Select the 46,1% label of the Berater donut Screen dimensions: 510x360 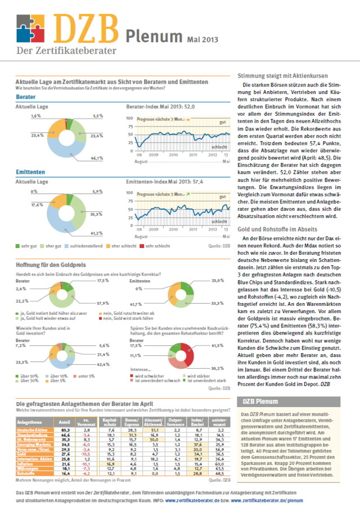[x=97, y=159]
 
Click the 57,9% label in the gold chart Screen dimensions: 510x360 [x=102, y=303]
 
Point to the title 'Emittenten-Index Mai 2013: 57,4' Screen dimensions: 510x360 [x=162, y=182]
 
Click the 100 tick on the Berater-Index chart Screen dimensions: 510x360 [x=129, y=119]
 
